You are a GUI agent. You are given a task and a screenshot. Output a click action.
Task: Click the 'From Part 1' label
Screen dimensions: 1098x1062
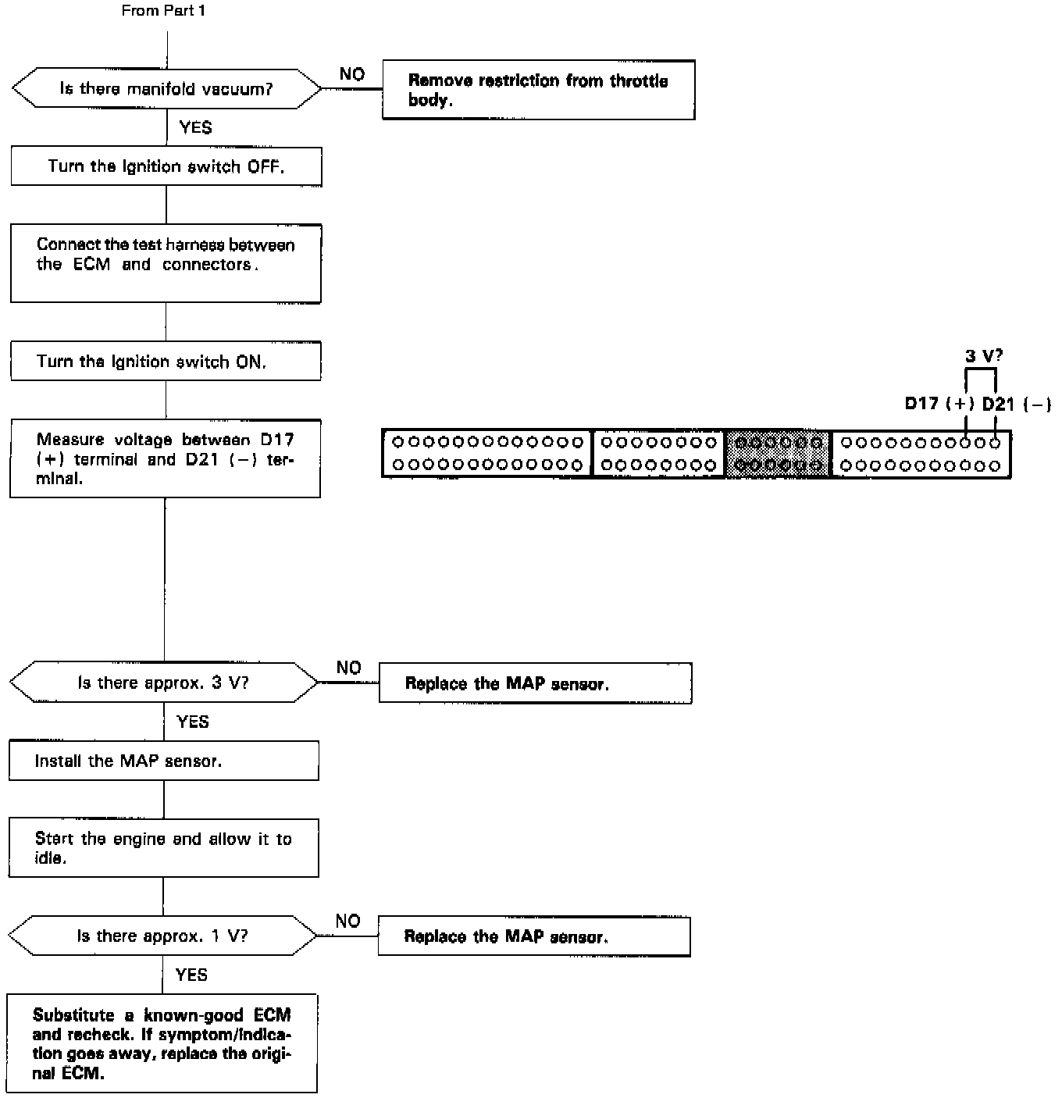click(163, 11)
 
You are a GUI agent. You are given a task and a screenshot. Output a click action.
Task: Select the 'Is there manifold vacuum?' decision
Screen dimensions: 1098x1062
click(166, 89)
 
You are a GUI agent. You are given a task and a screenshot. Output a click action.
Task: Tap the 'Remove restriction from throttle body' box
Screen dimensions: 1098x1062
click(538, 91)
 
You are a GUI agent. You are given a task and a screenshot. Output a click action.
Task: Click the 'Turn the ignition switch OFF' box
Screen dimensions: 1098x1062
click(166, 166)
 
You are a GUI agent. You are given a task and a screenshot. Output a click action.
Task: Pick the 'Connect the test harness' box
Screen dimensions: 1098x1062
click(166, 263)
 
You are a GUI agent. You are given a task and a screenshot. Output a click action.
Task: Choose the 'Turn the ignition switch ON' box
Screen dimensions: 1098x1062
click(166, 361)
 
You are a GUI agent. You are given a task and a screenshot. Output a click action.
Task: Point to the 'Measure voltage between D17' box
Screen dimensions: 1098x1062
click(165, 458)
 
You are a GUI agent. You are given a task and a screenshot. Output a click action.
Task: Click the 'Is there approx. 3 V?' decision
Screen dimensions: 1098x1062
click(164, 683)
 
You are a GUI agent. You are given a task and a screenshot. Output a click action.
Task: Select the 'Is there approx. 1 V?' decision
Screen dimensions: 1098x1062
click(162, 936)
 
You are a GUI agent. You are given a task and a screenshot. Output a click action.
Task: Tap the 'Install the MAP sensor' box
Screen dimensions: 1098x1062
click(164, 761)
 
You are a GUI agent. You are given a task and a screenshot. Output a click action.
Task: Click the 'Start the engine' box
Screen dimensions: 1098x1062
click(163, 848)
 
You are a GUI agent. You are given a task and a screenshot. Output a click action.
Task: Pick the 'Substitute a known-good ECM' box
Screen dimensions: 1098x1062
click(162, 1043)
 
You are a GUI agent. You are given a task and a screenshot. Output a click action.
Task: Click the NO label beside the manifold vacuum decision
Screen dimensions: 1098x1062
click(352, 74)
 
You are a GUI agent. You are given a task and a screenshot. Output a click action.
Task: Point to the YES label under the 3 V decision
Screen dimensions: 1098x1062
click(193, 722)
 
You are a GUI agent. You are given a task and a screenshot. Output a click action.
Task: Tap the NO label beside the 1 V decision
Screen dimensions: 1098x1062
click(347, 921)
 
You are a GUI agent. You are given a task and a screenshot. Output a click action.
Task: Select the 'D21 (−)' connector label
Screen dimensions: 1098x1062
click(1016, 404)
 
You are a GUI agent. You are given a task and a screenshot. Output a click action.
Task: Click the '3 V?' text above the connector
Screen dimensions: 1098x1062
click(984, 356)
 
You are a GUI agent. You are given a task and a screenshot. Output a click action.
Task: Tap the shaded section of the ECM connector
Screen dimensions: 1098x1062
click(778, 453)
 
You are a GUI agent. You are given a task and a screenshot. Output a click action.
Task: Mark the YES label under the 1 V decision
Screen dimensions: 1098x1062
click(191, 975)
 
